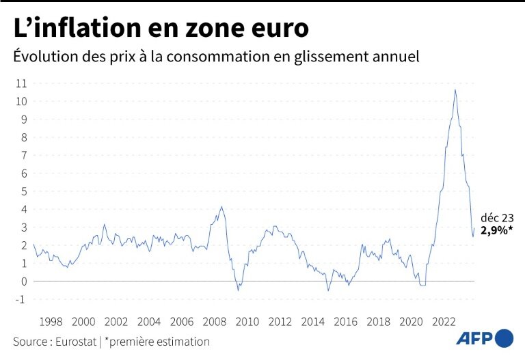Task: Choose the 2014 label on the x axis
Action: point(313,321)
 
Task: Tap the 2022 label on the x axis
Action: point(444,321)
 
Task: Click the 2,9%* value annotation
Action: point(496,230)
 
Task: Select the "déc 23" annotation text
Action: point(496,217)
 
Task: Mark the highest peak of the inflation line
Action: point(455,90)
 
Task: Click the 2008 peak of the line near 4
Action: point(221,207)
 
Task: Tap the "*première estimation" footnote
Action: point(158,341)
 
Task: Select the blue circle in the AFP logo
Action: point(504,338)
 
